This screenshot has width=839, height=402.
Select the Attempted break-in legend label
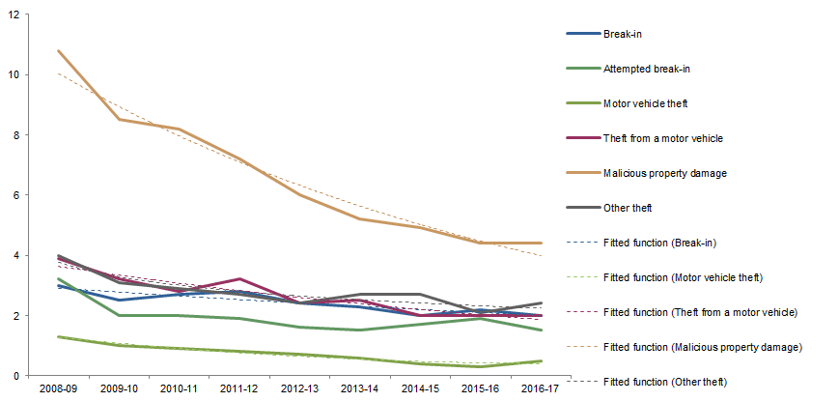tap(645, 69)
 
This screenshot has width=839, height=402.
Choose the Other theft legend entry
tap(628, 208)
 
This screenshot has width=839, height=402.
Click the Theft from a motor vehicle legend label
tap(662, 138)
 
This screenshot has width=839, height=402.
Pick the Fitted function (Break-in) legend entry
tap(658, 243)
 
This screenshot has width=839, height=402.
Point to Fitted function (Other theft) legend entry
tap(664, 381)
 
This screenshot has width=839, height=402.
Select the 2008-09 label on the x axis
tap(59, 388)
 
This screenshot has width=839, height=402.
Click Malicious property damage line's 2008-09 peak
tap(59, 51)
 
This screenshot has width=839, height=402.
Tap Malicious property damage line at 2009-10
tap(120, 119)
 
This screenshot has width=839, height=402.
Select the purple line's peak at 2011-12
tap(240, 279)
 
